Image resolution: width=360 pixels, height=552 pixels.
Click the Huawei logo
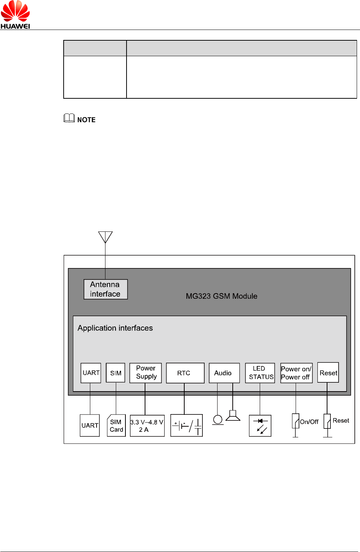coord(15,15)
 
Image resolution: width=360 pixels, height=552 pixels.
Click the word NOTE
coord(86,120)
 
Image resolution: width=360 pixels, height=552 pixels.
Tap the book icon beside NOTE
coord(69,118)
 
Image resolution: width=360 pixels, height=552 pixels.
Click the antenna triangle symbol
coord(105,237)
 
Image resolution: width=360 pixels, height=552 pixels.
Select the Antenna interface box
coord(105,289)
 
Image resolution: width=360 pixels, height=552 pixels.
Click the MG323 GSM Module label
coord(221,296)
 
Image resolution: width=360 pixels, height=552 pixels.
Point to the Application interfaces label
coord(115,328)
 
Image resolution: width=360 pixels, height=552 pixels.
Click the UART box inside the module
coord(91,373)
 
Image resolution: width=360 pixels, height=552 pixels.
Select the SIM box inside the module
coord(115,373)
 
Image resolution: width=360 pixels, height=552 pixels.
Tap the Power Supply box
coord(146,373)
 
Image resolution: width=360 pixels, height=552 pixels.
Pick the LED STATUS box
coord(260,373)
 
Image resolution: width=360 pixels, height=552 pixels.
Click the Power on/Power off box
coord(296,373)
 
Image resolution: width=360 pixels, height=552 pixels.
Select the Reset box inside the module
coord(328,373)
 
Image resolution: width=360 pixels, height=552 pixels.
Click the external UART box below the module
coord(90,426)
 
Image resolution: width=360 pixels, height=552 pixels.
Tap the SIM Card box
coord(116,426)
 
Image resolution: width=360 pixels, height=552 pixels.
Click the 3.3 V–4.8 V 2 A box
coord(147,426)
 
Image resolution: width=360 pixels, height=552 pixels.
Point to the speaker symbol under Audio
coord(233,416)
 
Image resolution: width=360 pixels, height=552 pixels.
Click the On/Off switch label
coord(309,422)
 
